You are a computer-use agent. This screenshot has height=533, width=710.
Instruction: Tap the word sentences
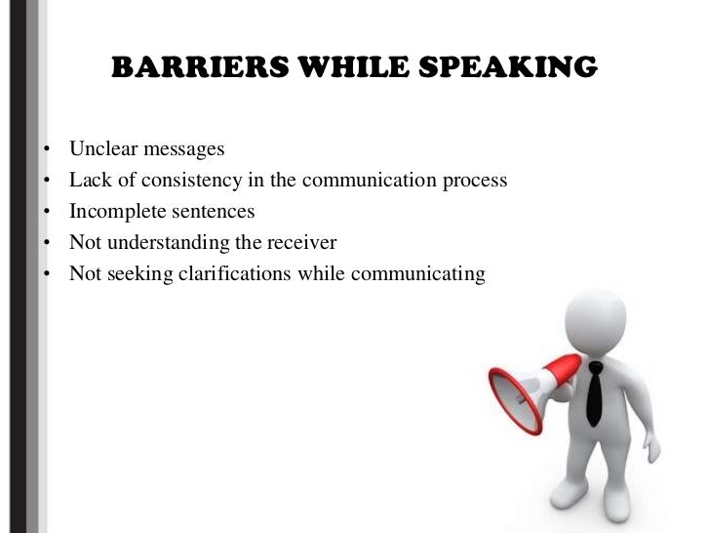click(209, 212)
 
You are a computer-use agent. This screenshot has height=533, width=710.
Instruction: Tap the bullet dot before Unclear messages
click(46, 150)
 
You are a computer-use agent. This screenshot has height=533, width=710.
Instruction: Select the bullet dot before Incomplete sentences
click(46, 213)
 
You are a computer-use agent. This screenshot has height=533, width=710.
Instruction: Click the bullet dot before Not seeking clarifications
click(46, 275)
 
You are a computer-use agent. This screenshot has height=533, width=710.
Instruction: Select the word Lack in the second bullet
click(89, 181)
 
